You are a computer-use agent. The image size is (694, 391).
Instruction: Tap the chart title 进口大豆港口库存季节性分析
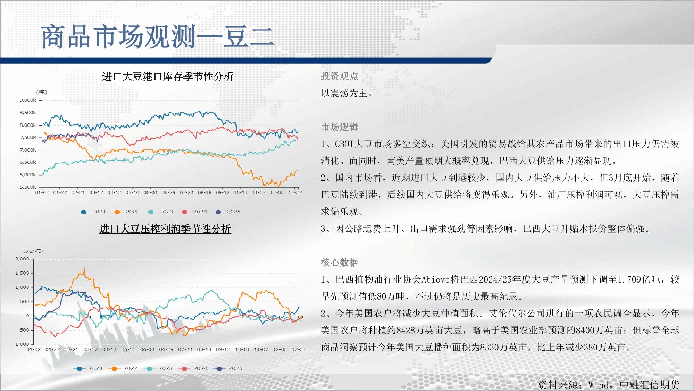(x=168, y=76)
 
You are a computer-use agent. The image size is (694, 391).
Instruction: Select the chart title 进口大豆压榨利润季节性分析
(x=165, y=229)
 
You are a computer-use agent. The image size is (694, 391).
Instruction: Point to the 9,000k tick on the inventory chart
(x=28, y=100)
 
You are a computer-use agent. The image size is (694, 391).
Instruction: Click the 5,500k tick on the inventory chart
(x=28, y=187)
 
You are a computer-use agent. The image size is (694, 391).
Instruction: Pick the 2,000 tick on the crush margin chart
(x=22, y=259)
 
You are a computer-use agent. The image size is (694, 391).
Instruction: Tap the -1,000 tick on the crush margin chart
(x=21, y=344)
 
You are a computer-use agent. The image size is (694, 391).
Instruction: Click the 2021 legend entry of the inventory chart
(x=92, y=212)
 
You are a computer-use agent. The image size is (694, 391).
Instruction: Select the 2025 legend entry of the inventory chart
(x=227, y=212)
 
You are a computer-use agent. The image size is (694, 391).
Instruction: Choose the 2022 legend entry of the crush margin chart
(x=123, y=368)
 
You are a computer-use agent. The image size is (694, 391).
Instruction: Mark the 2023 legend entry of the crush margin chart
(x=158, y=368)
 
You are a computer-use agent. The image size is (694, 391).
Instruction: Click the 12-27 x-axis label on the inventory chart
(x=295, y=192)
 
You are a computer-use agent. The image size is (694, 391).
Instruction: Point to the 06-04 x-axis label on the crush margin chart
(x=147, y=349)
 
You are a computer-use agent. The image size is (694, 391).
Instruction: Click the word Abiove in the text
(x=436, y=279)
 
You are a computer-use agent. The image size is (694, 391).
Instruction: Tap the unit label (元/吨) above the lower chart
(x=33, y=251)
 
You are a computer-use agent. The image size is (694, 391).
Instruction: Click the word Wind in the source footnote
(x=598, y=385)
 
